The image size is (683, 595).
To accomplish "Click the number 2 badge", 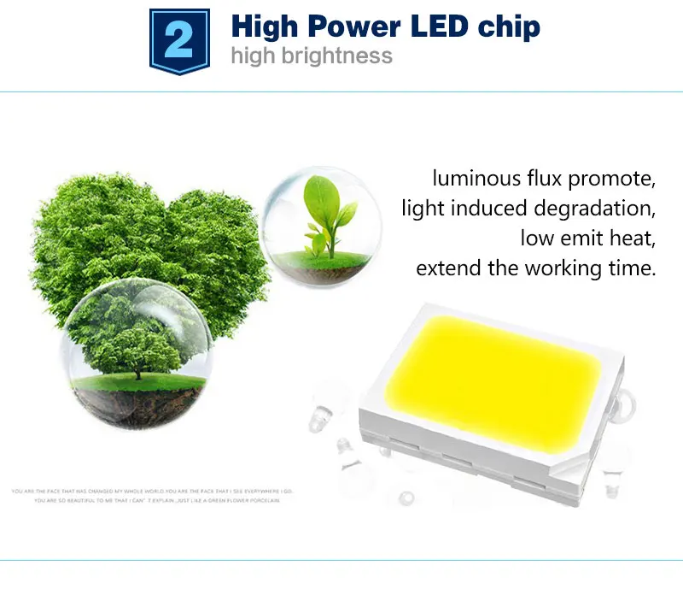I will [x=179, y=40].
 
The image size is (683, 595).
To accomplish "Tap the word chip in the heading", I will [x=507, y=27].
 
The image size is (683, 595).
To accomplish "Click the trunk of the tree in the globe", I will [x=137, y=373].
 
